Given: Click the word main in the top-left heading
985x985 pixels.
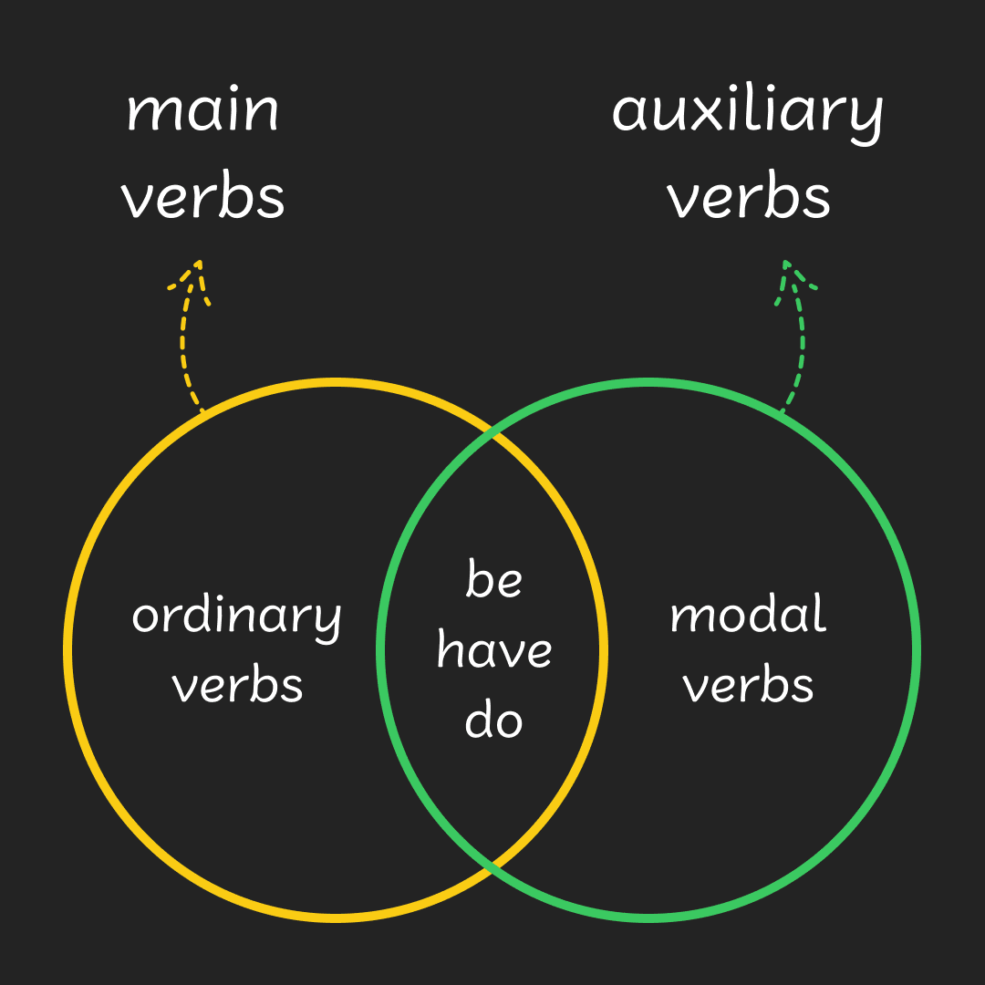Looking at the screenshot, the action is (202, 110).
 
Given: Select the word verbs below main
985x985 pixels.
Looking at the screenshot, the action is (203, 197).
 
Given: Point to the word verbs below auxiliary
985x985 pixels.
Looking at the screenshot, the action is (749, 197).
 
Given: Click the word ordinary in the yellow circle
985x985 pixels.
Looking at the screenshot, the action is (236, 617).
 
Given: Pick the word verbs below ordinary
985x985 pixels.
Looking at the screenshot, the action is (237, 685).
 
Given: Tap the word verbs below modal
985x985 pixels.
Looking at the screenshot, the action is (749, 685).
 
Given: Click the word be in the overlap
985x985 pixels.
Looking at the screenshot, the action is (493, 580).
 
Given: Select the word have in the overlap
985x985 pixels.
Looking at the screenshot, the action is (493, 650).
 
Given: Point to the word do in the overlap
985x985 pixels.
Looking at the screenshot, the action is (493, 720).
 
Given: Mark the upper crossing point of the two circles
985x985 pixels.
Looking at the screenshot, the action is (493, 435).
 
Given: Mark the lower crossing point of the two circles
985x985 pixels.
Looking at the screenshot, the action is (493, 866).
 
